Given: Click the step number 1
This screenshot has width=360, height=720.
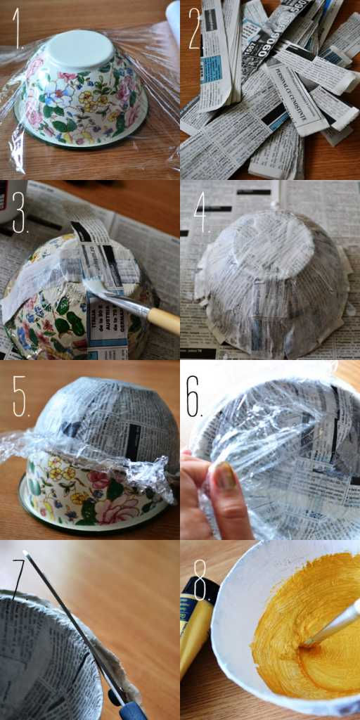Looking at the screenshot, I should click(17, 32).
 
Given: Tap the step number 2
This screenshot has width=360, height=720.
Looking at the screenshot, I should click(195, 32).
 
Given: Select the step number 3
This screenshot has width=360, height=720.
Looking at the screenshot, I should click(18, 213).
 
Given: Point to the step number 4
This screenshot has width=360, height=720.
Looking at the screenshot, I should click(201, 214).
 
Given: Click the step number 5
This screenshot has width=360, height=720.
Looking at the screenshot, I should click(20, 397).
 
